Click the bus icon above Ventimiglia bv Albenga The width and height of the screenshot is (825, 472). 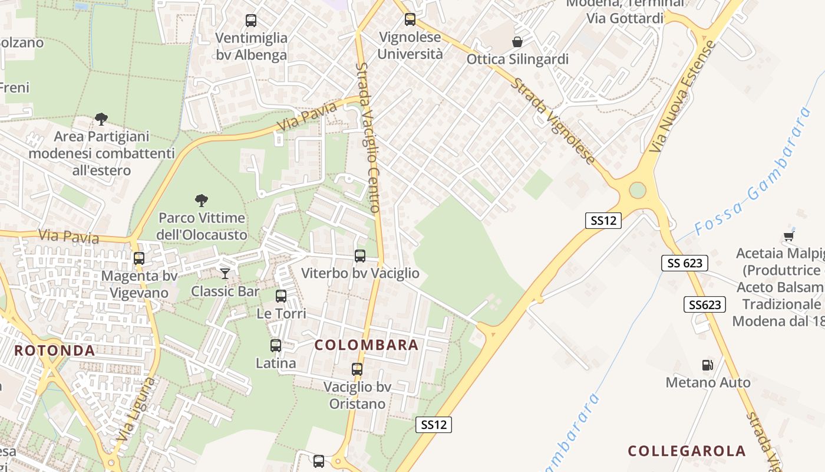(251, 21)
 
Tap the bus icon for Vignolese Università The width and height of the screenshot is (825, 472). (410, 19)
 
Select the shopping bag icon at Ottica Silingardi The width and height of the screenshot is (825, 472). (517, 42)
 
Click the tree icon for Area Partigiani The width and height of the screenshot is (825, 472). (101, 119)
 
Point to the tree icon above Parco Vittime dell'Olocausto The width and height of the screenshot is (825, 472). (202, 201)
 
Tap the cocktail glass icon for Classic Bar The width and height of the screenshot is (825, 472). (225, 273)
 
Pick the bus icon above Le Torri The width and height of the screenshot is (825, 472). (281, 296)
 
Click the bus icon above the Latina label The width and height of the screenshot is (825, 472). (276, 346)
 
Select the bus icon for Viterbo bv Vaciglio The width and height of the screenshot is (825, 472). (360, 256)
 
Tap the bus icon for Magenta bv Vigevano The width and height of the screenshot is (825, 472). (139, 258)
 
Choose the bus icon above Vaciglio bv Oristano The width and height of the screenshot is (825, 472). (357, 369)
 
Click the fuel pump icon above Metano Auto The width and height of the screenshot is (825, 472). (708, 365)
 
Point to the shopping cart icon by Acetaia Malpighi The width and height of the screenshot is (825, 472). (789, 237)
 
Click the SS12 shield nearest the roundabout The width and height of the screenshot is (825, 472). (604, 221)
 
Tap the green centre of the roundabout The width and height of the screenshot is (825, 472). (638, 191)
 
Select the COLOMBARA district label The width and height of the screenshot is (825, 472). (367, 345)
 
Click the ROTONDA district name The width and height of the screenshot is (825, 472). (55, 350)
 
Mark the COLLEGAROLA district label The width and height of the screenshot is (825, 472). (687, 451)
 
